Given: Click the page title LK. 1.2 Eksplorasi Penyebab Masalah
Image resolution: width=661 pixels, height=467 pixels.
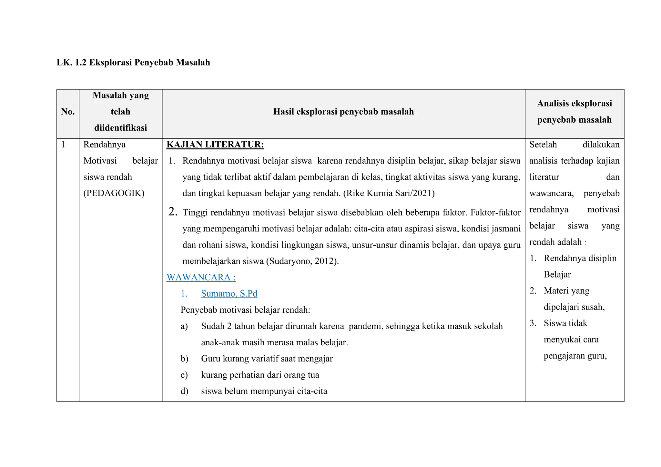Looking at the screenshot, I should [133, 62].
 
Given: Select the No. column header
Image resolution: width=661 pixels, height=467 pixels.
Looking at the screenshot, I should [68, 112].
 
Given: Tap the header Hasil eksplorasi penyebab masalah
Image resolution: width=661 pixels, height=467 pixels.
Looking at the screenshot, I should [343, 112].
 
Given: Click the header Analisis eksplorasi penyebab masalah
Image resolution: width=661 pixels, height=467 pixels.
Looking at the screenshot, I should [574, 112].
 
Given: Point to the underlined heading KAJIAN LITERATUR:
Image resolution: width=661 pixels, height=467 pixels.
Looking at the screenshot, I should [215, 145].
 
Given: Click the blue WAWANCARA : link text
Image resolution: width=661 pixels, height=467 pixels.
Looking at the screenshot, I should [201, 277].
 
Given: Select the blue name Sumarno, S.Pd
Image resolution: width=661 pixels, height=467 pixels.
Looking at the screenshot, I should [229, 293].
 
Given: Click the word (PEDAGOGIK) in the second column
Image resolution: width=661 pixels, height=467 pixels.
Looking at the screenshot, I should [114, 193].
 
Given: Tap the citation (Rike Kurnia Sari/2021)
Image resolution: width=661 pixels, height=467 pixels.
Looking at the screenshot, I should [389, 193].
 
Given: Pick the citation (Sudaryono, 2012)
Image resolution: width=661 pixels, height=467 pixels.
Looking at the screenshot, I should [302, 261].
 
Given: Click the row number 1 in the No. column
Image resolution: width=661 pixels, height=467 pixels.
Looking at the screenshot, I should [63, 145].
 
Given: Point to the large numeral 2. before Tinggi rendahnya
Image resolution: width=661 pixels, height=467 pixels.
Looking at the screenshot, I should [173, 212].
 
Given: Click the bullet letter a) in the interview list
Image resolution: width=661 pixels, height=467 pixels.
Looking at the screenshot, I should [184, 326].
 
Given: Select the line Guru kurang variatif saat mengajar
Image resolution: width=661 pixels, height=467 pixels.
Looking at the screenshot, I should [267, 359].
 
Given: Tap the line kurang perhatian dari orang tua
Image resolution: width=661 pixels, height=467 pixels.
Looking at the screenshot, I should [260, 375].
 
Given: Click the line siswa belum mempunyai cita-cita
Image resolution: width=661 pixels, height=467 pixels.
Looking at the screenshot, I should [264, 391].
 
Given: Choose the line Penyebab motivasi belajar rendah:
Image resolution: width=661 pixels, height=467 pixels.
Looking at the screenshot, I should [245, 310].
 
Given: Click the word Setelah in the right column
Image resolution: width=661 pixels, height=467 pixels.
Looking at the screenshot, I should [543, 145].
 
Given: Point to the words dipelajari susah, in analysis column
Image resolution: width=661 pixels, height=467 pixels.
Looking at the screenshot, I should [574, 307].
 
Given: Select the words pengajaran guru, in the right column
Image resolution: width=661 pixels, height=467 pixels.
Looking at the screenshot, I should [575, 356].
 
